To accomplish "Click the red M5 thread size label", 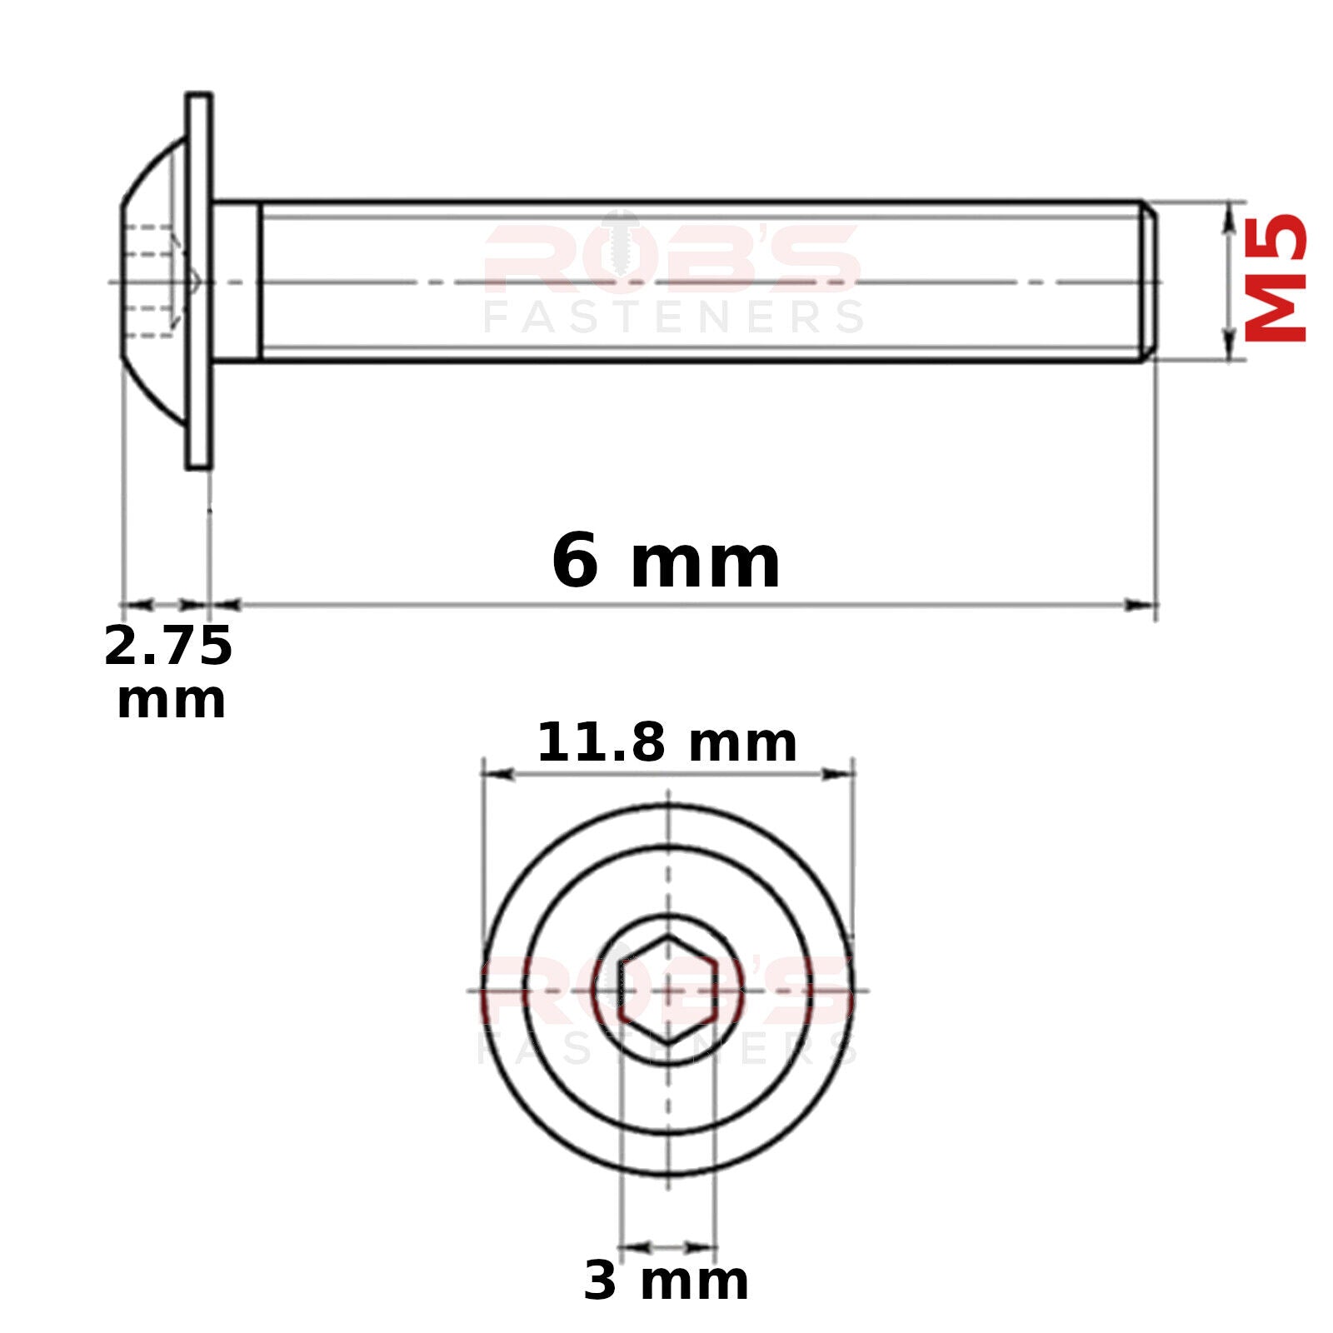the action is [x=1276, y=278].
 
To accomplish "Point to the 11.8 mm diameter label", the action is [x=666, y=742].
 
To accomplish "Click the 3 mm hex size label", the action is [x=666, y=1281].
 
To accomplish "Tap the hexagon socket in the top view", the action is [x=668, y=990].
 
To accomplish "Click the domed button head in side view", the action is [x=153, y=282].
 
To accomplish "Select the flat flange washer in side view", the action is [x=199, y=281].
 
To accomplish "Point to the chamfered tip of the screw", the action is [x=1149, y=282].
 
